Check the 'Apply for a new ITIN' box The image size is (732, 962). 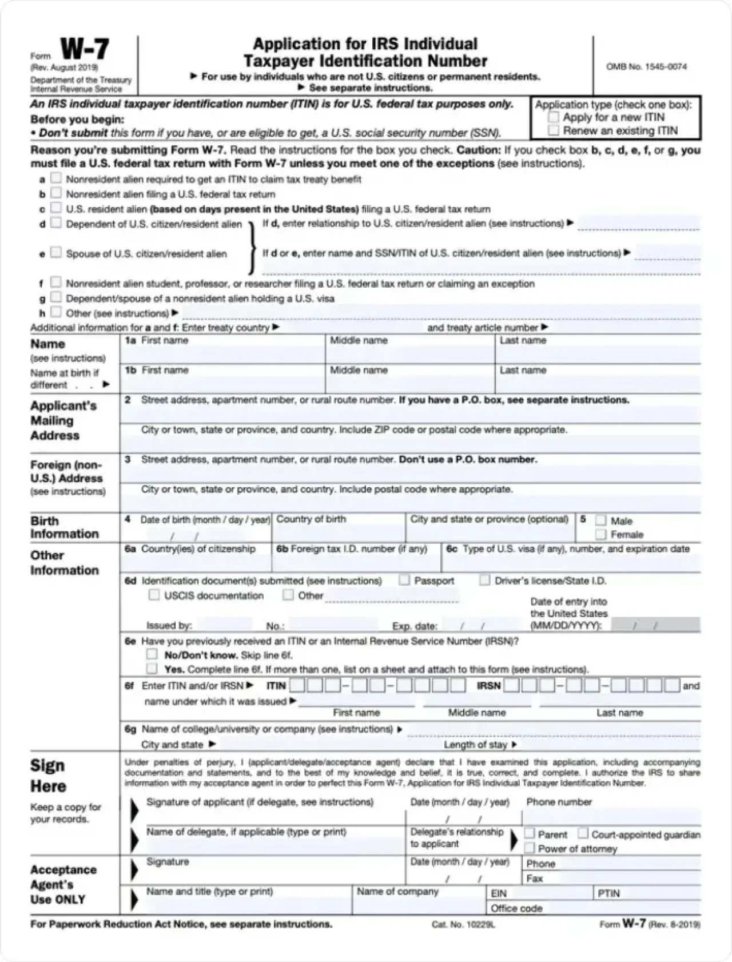pyautogui.click(x=553, y=117)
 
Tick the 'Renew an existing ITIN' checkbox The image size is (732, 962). pyautogui.click(x=553, y=130)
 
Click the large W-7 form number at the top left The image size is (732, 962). pyautogui.click(x=85, y=50)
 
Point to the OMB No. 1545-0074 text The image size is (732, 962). pyautogui.click(x=646, y=67)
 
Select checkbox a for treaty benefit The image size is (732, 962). pyautogui.click(x=56, y=178)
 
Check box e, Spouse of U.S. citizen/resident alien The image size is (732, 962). pyautogui.click(x=56, y=253)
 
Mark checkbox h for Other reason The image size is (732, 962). pyautogui.click(x=56, y=312)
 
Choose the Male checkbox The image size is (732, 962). pyautogui.click(x=600, y=520)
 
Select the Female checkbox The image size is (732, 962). pyautogui.click(x=600, y=534)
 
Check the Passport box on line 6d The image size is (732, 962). pyautogui.click(x=404, y=580)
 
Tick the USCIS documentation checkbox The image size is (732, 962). pyautogui.click(x=154, y=595)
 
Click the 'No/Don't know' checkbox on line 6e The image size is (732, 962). pyautogui.click(x=152, y=654)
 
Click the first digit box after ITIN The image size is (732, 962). pyautogui.click(x=297, y=685)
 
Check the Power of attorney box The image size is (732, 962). pyautogui.click(x=530, y=848)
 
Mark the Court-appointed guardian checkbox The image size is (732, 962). pyautogui.click(x=583, y=834)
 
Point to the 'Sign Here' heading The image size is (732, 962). pyautogui.click(x=48, y=776)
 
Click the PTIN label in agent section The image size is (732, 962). pyautogui.click(x=608, y=893)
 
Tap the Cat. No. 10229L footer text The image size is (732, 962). pyautogui.click(x=463, y=925)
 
